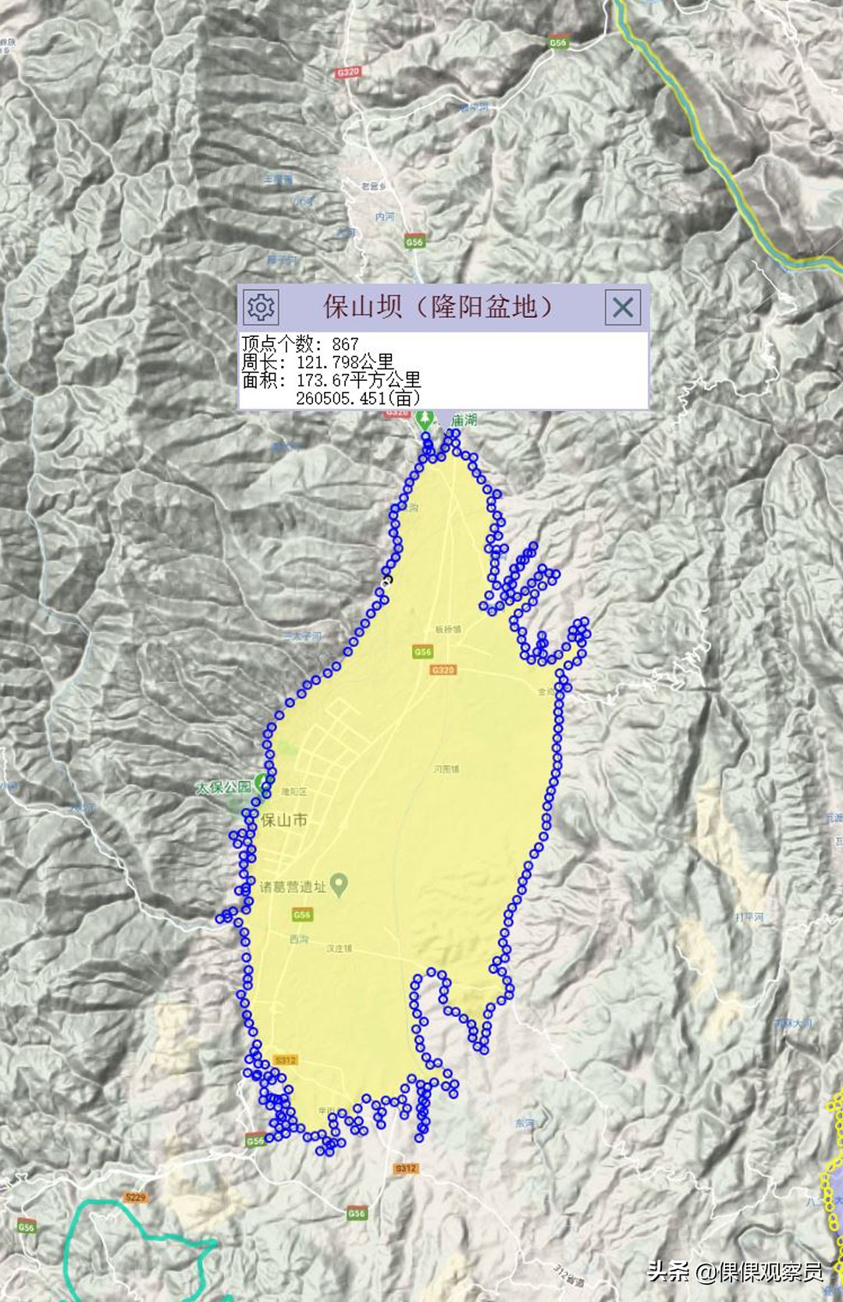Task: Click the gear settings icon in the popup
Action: click(x=261, y=307)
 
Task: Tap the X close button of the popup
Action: click(x=623, y=307)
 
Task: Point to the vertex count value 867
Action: click(x=345, y=344)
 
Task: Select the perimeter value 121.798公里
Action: click(x=345, y=362)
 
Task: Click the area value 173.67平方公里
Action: click(x=358, y=380)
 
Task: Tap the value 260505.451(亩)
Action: click(x=357, y=398)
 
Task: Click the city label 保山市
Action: click(x=283, y=820)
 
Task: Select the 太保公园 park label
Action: click(x=224, y=787)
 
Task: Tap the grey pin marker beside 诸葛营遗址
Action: click(x=339, y=884)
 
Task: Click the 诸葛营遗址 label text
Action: click(x=293, y=887)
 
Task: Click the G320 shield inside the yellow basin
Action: click(x=443, y=670)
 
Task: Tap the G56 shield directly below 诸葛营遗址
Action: click(x=302, y=914)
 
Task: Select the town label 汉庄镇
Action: click(x=339, y=948)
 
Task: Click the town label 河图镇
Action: click(x=446, y=769)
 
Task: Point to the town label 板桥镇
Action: click(x=448, y=630)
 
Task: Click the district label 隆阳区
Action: click(x=294, y=792)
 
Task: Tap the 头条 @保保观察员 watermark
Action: click(x=735, y=1272)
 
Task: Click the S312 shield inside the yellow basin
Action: click(x=286, y=1060)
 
